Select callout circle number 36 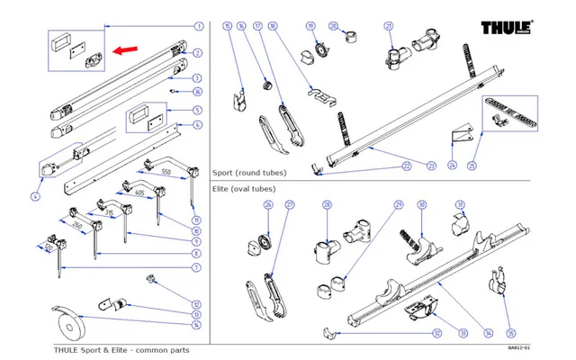coord(198,92)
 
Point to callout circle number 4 coord(35,195)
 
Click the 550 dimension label coord(166,171)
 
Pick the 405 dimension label coord(139,193)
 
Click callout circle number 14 coord(196,325)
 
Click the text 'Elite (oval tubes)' coord(243,189)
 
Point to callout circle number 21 coord(389,26)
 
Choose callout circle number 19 coord(310,26)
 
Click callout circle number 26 coord(268,206)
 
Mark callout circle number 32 coord(436,333)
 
